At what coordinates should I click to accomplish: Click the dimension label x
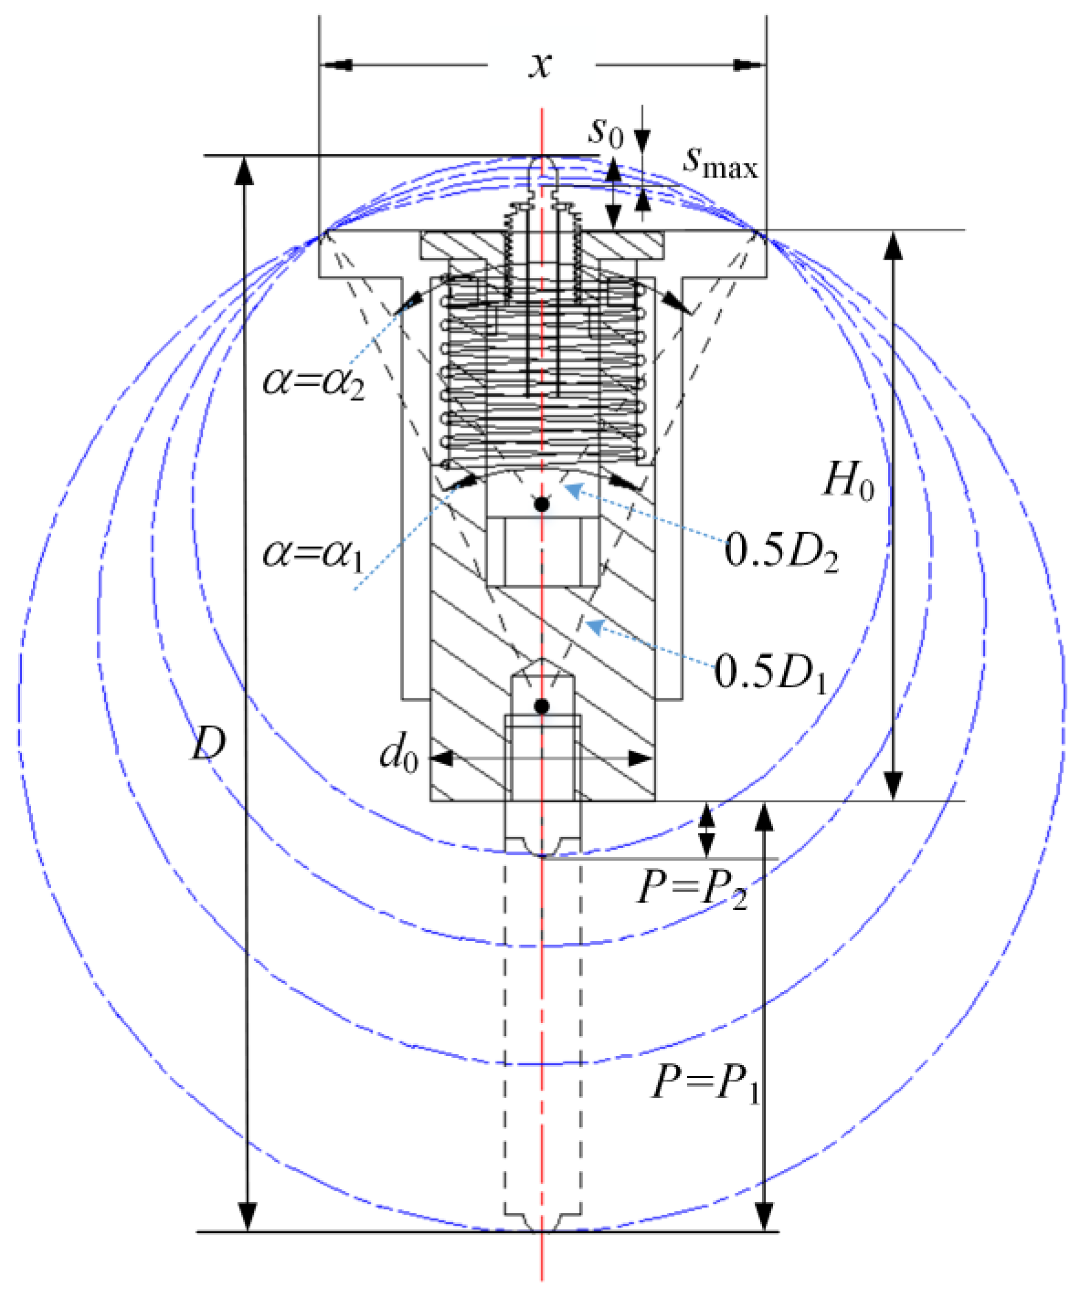pyautogui.click(x=540, y=65)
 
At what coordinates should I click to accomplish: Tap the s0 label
pyautogui.click(x=606, y=131)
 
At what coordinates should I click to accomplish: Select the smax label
pyautogui.click(x=720, y=162)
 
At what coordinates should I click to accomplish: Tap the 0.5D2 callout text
pyautogui.click(x=780, y=550)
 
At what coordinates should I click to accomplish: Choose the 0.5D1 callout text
pyautogui.click(x=771, y=672)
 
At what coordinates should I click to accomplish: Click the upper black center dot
pyautogui.click(x=541, y=504)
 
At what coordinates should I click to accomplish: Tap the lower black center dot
pyautogui.click(x=541, y=707)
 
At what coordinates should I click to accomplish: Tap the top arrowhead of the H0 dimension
pyautogui.click(x=894, y=246)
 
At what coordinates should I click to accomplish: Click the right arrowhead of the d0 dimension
pyautogui.click(x=640, y=759)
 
